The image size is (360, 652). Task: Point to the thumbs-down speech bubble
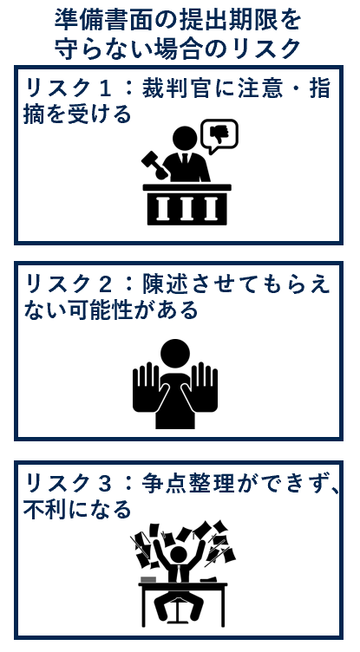coord(219,136)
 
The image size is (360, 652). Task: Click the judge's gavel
coord(154,163)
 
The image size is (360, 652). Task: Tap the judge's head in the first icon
coord(185,139)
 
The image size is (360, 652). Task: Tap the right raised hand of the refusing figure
coord(205,387)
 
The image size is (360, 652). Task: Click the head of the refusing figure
coord(175,353)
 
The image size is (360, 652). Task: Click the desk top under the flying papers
coord(182,587)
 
